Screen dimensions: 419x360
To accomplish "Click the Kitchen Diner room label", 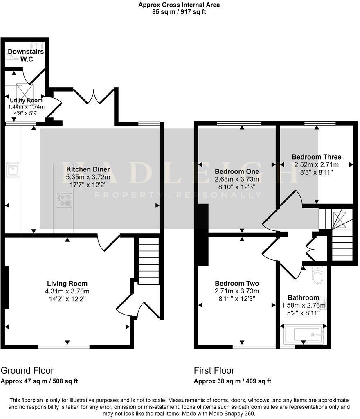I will (88, 169).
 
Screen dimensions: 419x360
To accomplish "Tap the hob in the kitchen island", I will (64, 200).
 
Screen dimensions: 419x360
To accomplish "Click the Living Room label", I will (67, 284).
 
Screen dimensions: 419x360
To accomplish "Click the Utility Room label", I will (27, 100).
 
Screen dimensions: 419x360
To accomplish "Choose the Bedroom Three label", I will (316, 157).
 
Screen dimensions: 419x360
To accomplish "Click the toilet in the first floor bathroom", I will (317, 276).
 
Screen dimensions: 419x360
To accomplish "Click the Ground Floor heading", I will (27, 371).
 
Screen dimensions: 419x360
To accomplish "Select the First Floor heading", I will (214, 371).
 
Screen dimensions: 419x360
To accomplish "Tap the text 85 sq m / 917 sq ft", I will (179, 12).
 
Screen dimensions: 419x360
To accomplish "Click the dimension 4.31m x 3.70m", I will (67, 291).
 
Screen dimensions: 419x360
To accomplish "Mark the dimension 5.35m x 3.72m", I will (88, 177).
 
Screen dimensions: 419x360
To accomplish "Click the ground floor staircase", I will (148, 261).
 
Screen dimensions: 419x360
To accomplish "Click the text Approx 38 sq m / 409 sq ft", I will (232, 381).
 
